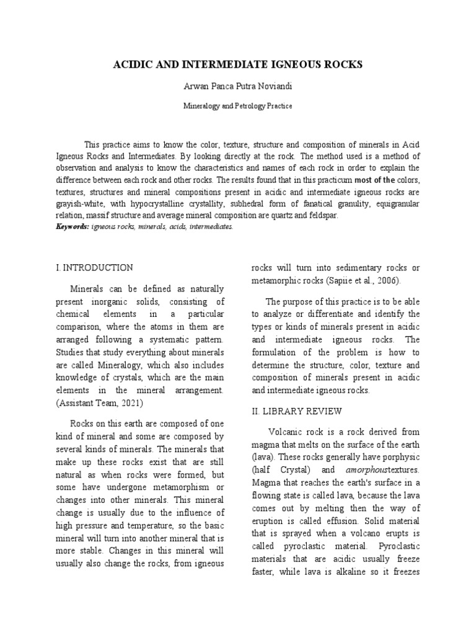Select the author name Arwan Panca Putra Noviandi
point(237,87)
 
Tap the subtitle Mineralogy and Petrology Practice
point(237,106)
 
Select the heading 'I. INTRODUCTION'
point(94,268)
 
